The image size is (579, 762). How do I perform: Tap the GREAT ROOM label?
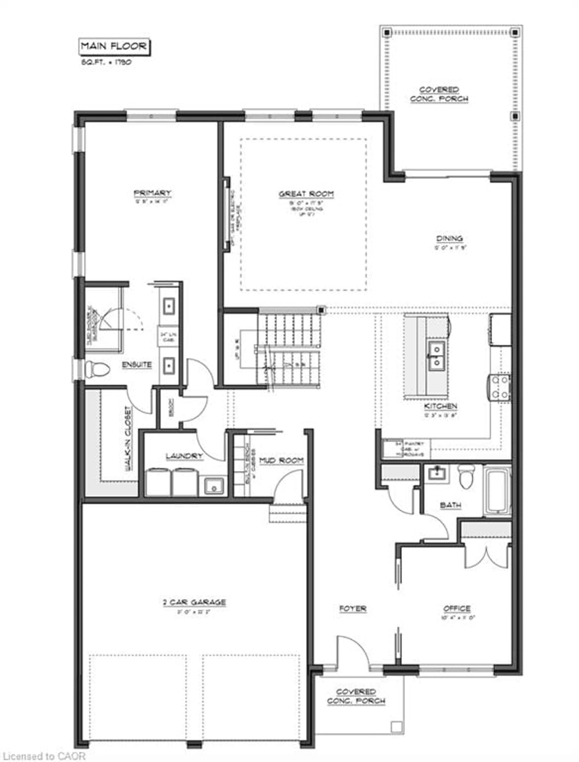306,194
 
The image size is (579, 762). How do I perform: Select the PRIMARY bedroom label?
152,193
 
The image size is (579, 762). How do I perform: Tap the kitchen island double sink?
436,355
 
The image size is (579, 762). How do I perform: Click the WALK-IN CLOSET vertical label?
128,439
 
